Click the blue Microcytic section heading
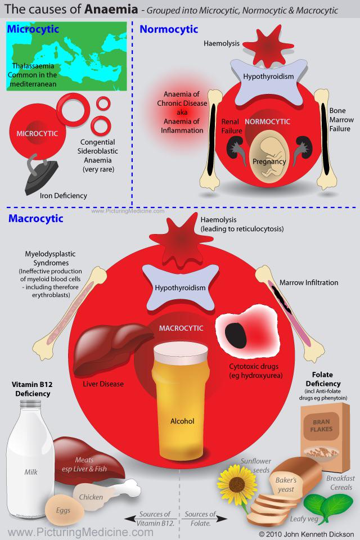(x=33, y=29)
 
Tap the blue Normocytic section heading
(x=169, y=29)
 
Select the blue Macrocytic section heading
(x=36, y=218)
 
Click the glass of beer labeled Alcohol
(x=181, y=400)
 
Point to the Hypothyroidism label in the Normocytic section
(x=268, y=76)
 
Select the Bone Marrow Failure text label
(x=341, y=119)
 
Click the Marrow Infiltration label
(x=309, y=283)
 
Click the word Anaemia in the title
(x=111, y=10)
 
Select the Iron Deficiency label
(x=64, y=196)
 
